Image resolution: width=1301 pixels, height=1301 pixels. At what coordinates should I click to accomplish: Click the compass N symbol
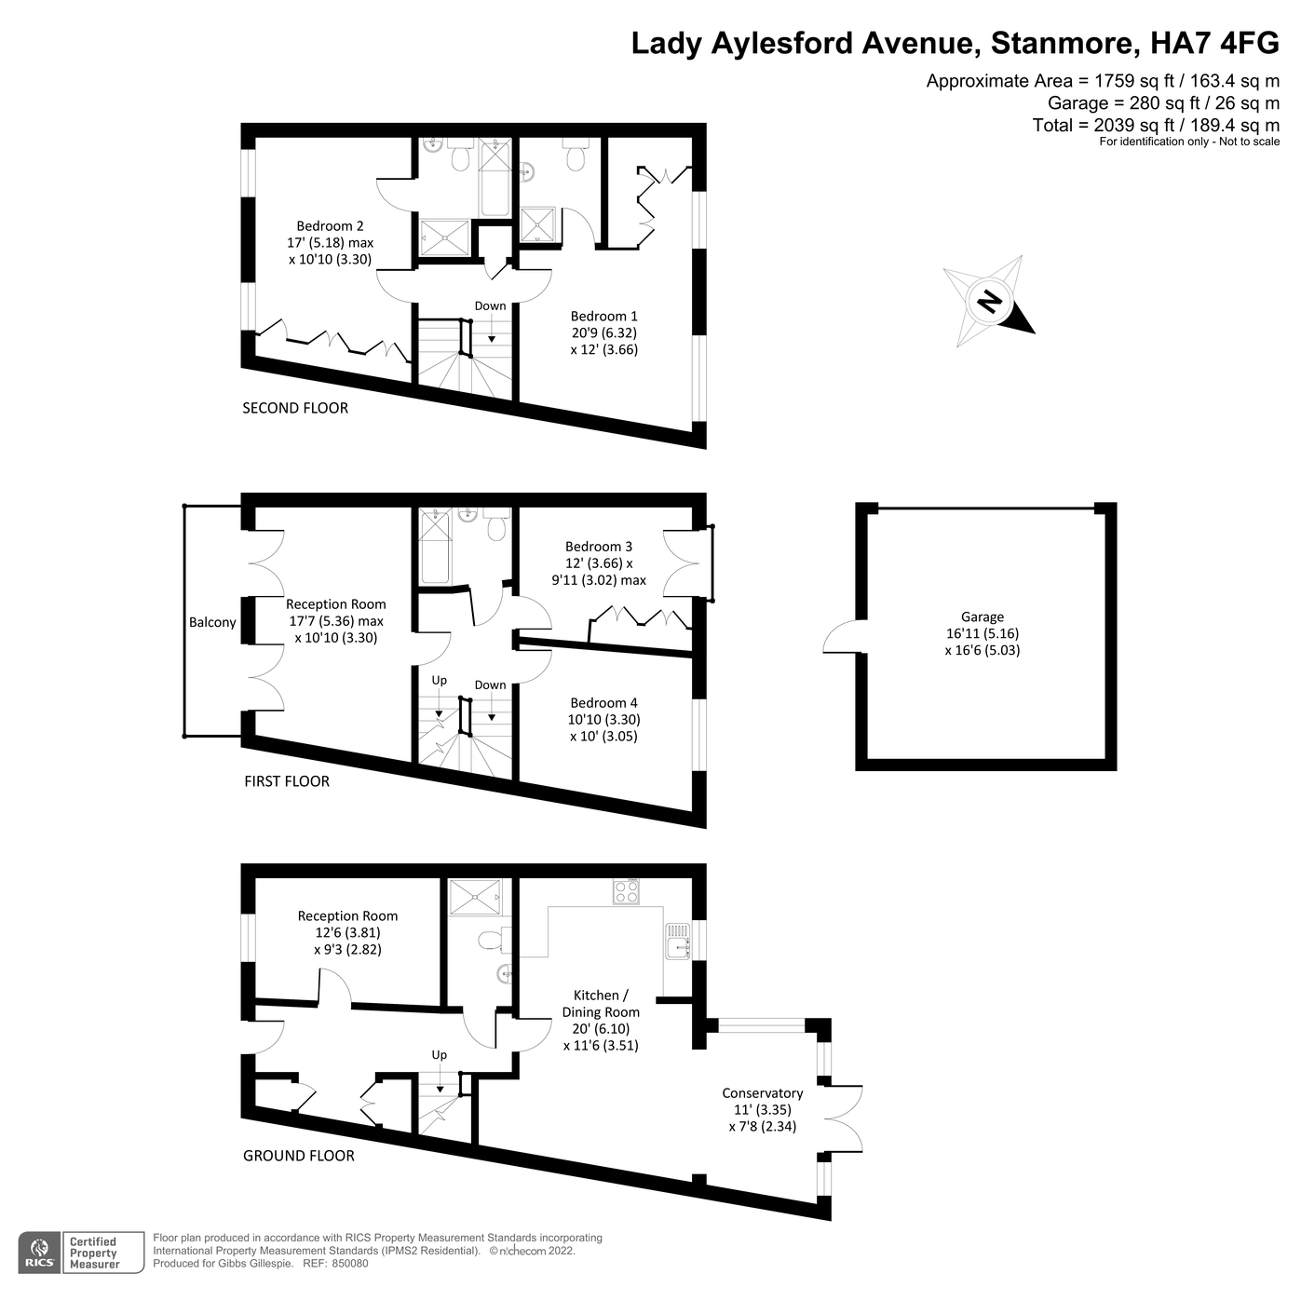[989, 302]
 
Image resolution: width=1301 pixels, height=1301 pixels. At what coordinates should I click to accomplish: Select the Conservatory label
[762, 1093]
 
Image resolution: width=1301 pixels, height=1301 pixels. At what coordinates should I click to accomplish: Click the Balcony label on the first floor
[212, 622]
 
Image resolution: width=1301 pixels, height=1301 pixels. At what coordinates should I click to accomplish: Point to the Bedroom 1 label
[603, 317]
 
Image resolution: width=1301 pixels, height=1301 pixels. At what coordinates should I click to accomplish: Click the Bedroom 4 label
[603, 703]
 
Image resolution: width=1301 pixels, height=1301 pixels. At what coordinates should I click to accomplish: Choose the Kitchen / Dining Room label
[601, 1004]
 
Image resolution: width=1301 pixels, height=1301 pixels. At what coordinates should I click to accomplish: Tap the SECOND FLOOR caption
[295, 408]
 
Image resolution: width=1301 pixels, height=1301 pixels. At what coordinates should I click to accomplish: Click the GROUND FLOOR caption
[299, 1156]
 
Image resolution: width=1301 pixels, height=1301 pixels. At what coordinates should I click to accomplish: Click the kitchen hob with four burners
[626, 892]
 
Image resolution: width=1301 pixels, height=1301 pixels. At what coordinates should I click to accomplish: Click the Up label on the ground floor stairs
[439, 1055]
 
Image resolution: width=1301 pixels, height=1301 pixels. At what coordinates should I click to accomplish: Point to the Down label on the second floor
[490, 305]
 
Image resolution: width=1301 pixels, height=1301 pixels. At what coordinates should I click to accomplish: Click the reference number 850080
[349, 1264]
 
